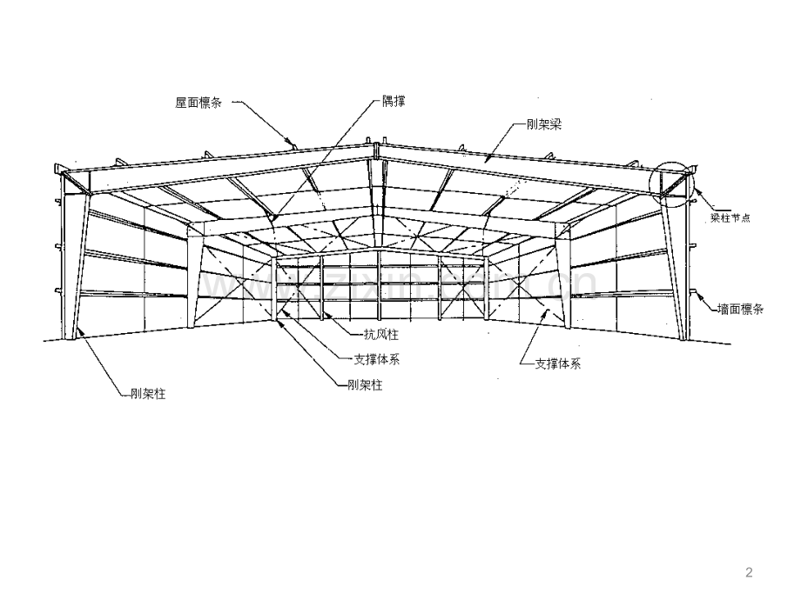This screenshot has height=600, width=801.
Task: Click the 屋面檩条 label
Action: tap(199, 102)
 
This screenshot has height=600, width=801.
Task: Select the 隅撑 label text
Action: tap(394, 102)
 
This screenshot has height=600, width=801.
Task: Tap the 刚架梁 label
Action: tap(544, 124)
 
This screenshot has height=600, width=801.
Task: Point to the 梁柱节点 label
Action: tap(730, 218)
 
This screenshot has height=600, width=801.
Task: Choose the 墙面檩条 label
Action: tap(740, 309)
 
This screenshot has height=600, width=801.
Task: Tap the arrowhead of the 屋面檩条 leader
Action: tap(293, 143)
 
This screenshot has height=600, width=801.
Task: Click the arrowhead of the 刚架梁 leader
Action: tap(487, 160)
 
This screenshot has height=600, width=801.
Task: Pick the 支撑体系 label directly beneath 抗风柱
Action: tap(377, 358)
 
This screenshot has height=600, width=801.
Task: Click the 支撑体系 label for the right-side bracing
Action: tap(557, 363)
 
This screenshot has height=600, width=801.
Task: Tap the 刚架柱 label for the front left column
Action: tap(141, 394)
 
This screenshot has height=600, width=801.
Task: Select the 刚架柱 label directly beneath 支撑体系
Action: tap(365, 384)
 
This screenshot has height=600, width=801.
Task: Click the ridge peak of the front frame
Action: tap(376, 144)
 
